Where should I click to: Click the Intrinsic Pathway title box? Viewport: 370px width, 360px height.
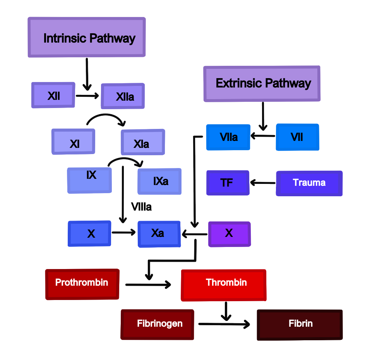pos(87,37)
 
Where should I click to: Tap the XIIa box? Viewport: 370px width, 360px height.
pos(123,96)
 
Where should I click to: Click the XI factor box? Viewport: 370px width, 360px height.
pos(74,142)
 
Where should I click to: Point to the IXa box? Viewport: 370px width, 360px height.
pos(159,181)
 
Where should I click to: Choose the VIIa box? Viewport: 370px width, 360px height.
pos(228,137)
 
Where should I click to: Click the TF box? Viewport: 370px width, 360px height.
pos(228,183)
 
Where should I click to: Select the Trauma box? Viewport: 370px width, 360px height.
pos(309,183)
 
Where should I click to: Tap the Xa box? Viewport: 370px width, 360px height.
pos(159,234)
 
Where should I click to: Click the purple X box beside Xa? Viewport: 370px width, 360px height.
pos(229,234)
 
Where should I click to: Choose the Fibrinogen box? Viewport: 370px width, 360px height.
pos(157,324)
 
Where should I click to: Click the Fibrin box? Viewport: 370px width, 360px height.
pos(300,324)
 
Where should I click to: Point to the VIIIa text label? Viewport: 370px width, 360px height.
pos(141,207)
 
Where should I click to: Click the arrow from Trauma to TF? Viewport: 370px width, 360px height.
pos(263,182)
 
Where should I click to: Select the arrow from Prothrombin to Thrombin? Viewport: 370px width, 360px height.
pos(148,285)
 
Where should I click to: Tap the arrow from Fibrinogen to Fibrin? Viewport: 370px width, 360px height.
pos(224,324)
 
